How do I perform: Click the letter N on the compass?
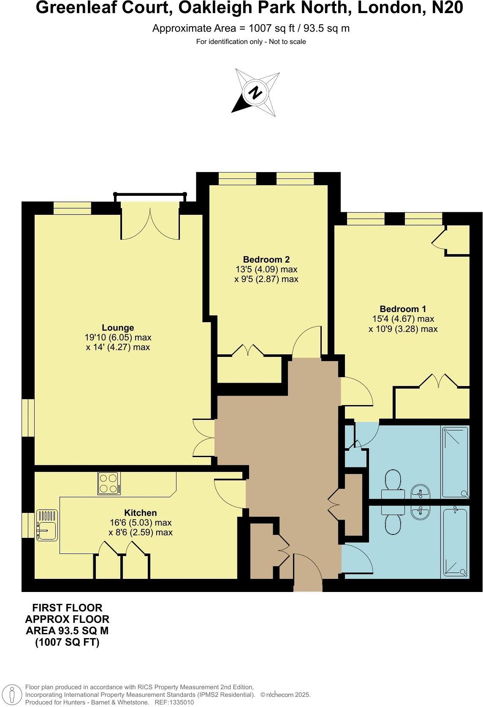[255, 92]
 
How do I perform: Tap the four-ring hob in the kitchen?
[109, 483]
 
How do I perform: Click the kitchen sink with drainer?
[47, 525]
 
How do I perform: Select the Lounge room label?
[118, 328]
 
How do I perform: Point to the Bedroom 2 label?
[266, 259]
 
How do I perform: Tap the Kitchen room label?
[140, 512]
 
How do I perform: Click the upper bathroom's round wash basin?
[421, 492]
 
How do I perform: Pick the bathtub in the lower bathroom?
[455, 543]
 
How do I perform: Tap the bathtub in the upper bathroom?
[455, 462]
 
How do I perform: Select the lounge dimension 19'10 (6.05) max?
[118, 337]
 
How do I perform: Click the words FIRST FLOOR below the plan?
[68, 608]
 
